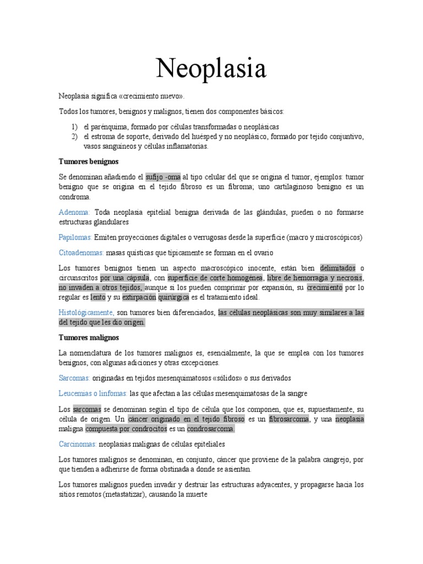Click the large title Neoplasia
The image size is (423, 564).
tap(211, 68)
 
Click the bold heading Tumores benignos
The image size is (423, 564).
tap(89, 161)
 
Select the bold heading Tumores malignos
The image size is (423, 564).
tap(88, 337)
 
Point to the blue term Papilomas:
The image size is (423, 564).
tap(75, 237)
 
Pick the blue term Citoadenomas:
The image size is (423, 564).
tap(81, 252)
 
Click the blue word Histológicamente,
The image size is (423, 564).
tap(86, 312)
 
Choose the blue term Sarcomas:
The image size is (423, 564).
tap(74, 378)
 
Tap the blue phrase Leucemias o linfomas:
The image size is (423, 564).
tap(93, 393)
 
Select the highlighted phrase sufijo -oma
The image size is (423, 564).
tap(163, 177)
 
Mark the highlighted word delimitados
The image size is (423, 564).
tap(338, 268)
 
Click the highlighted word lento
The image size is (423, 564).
tap(98, 297)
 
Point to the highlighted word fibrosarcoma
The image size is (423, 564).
tap(289, 419)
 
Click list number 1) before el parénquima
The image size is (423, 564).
tap(74, 127)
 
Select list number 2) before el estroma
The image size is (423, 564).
tap(74, 137)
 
